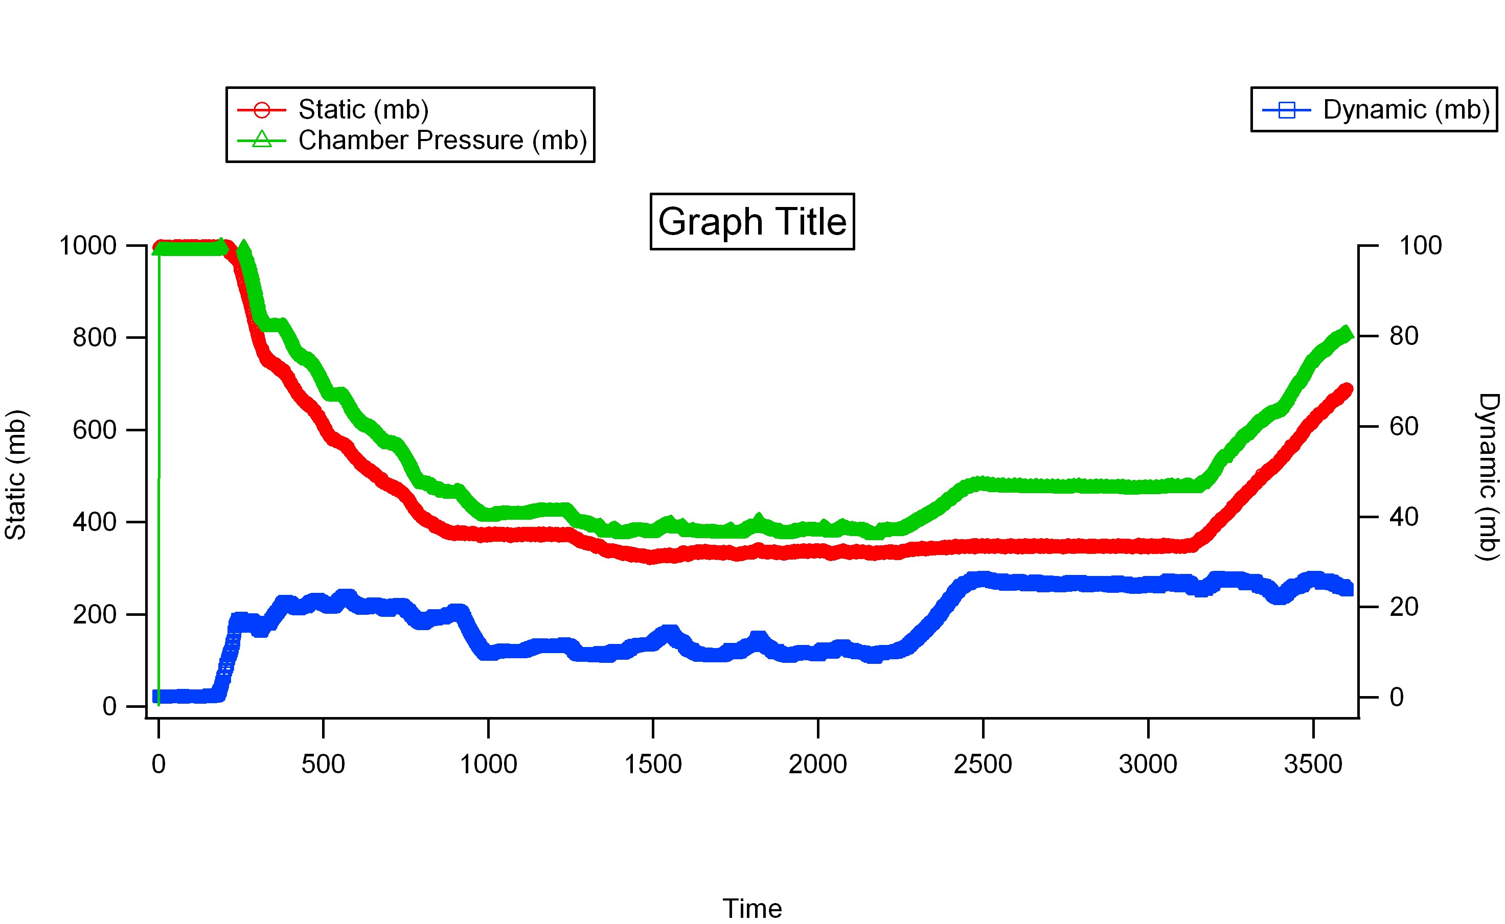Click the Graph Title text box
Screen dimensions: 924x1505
pos(751,221)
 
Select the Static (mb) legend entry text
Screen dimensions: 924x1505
pos(363,109)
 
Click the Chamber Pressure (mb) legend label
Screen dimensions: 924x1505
pos(442,141)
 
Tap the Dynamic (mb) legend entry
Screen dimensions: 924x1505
pos(1405,109)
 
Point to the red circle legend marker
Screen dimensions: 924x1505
pos(262,110)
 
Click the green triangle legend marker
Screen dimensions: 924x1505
pos(262,140)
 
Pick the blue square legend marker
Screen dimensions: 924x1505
pos(1286,110)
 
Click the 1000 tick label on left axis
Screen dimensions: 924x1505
pos(87,246)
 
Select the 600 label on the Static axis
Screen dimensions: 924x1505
pos(94,430)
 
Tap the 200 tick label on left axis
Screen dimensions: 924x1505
pos(94,615)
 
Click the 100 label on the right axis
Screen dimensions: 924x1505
pos(1420,246)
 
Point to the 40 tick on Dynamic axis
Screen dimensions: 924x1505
pos(1404,517)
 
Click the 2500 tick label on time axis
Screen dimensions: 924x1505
pos(983,765)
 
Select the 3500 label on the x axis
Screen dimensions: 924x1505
pos(1312,765)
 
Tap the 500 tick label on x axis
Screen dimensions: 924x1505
pos(323,765)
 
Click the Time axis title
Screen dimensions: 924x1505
pos(751,909)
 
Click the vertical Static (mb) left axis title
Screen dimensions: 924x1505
pos(16,475)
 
